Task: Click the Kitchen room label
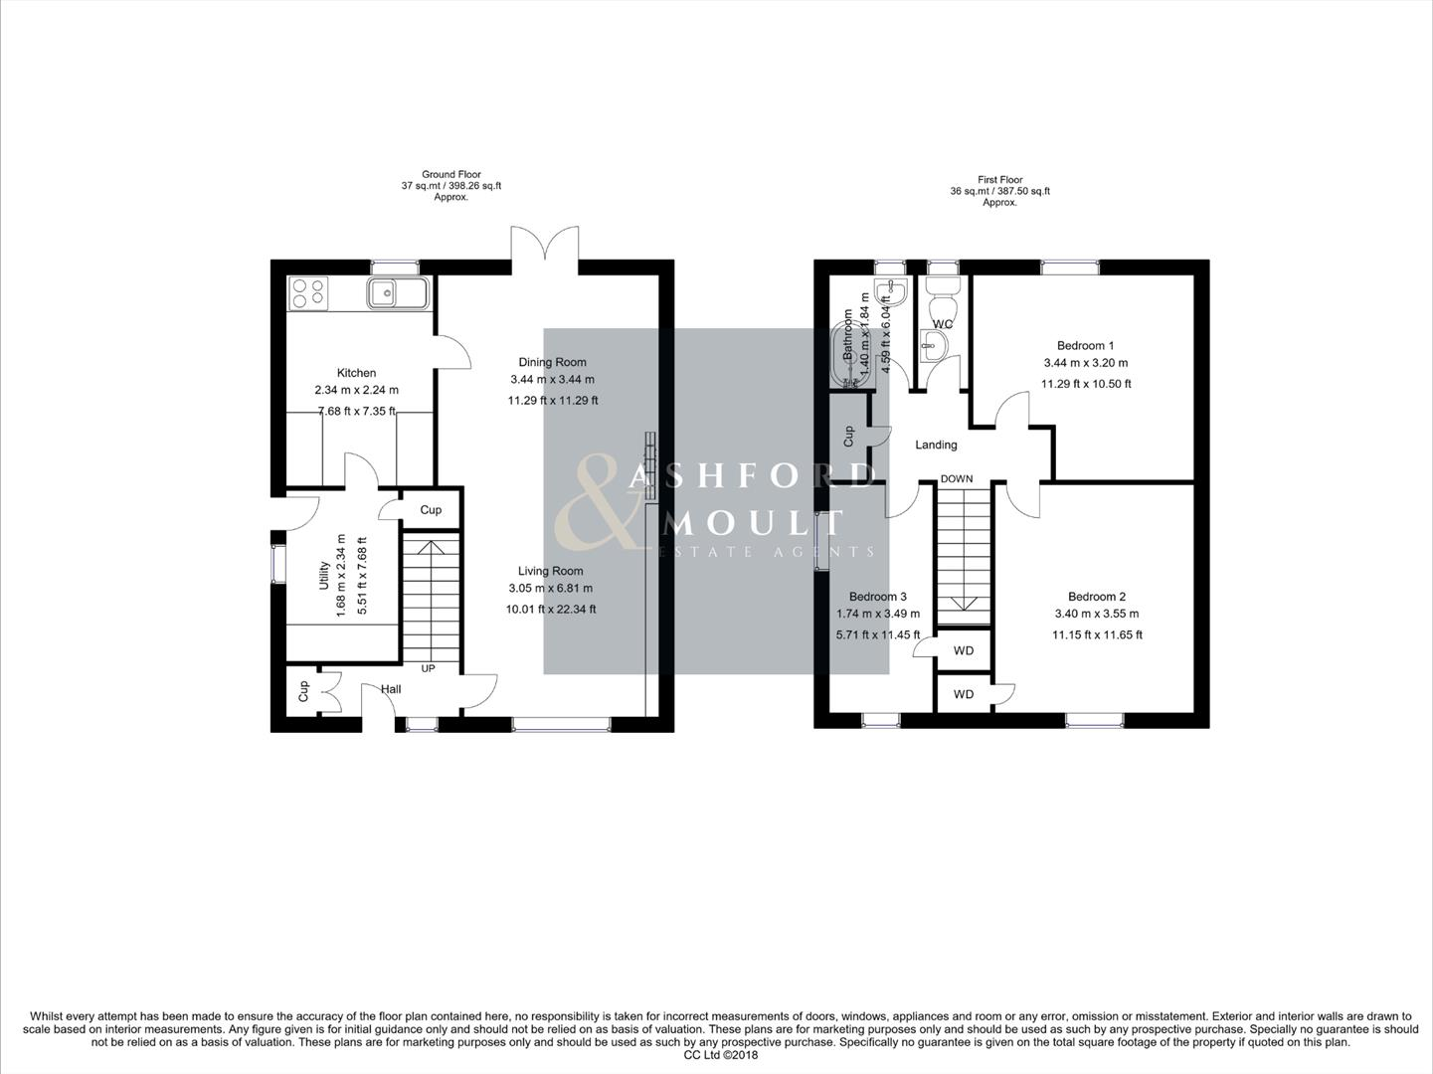(x=356, y=373)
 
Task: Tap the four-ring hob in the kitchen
(x=307, y=291)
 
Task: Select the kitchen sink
(x=397, y=293)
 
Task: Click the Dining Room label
(x=552, y=362)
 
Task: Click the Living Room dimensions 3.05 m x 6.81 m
(x=550, y=588)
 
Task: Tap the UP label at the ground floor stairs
(x=428, y=668)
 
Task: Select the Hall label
(x=390, y=689)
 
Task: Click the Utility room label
(x=324, y=575)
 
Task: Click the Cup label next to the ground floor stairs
(x=431, y=510)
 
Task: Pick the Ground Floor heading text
(x=450, y=174)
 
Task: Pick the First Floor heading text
(x=999, y=180)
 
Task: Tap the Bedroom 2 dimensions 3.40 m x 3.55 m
(x=1097, y=614)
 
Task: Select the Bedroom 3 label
(x=877, y=597)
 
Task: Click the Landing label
(x=936, y=445)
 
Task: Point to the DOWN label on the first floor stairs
(x=957, y=479)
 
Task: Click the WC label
(x=943, y=324)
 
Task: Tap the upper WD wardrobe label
(x=963, y=650)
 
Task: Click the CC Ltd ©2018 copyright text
(x=720, y=1055)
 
